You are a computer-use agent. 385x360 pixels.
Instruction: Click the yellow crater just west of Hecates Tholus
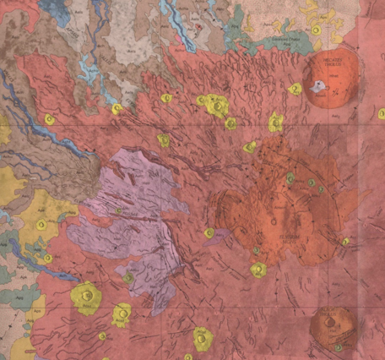[295, 89]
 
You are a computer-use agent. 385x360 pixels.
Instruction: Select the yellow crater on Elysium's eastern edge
[345, 242]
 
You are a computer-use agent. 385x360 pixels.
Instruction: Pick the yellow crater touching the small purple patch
[209, 233]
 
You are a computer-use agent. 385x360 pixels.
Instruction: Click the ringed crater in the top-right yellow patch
[315, 30]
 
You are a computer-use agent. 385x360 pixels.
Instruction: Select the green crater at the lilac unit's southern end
[128, 278]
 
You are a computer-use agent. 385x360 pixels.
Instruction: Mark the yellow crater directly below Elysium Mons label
[258, 270]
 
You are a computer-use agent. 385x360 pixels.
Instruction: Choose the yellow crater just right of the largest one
[122, 314]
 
